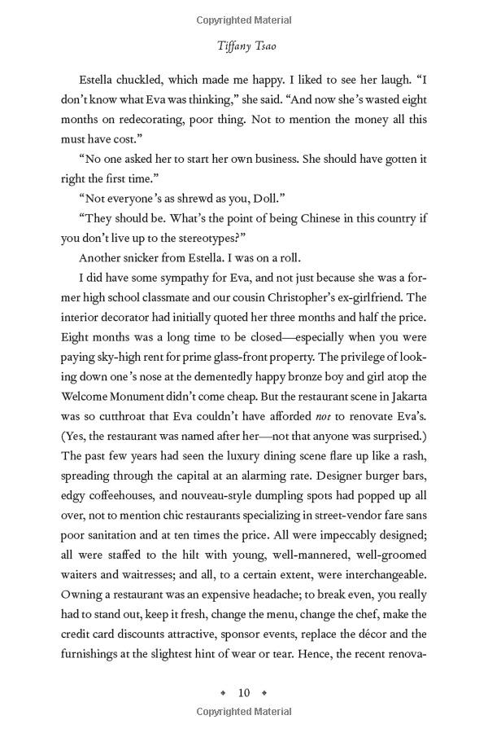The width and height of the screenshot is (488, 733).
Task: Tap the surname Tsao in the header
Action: (263, 47)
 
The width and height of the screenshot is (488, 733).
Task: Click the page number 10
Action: (244, 693)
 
